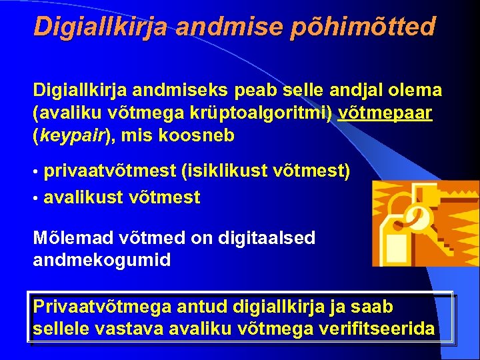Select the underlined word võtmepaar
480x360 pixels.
(386, 113)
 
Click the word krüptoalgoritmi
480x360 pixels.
(265, 113)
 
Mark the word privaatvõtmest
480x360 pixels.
(109, 171)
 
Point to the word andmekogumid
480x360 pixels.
(101, 260)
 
